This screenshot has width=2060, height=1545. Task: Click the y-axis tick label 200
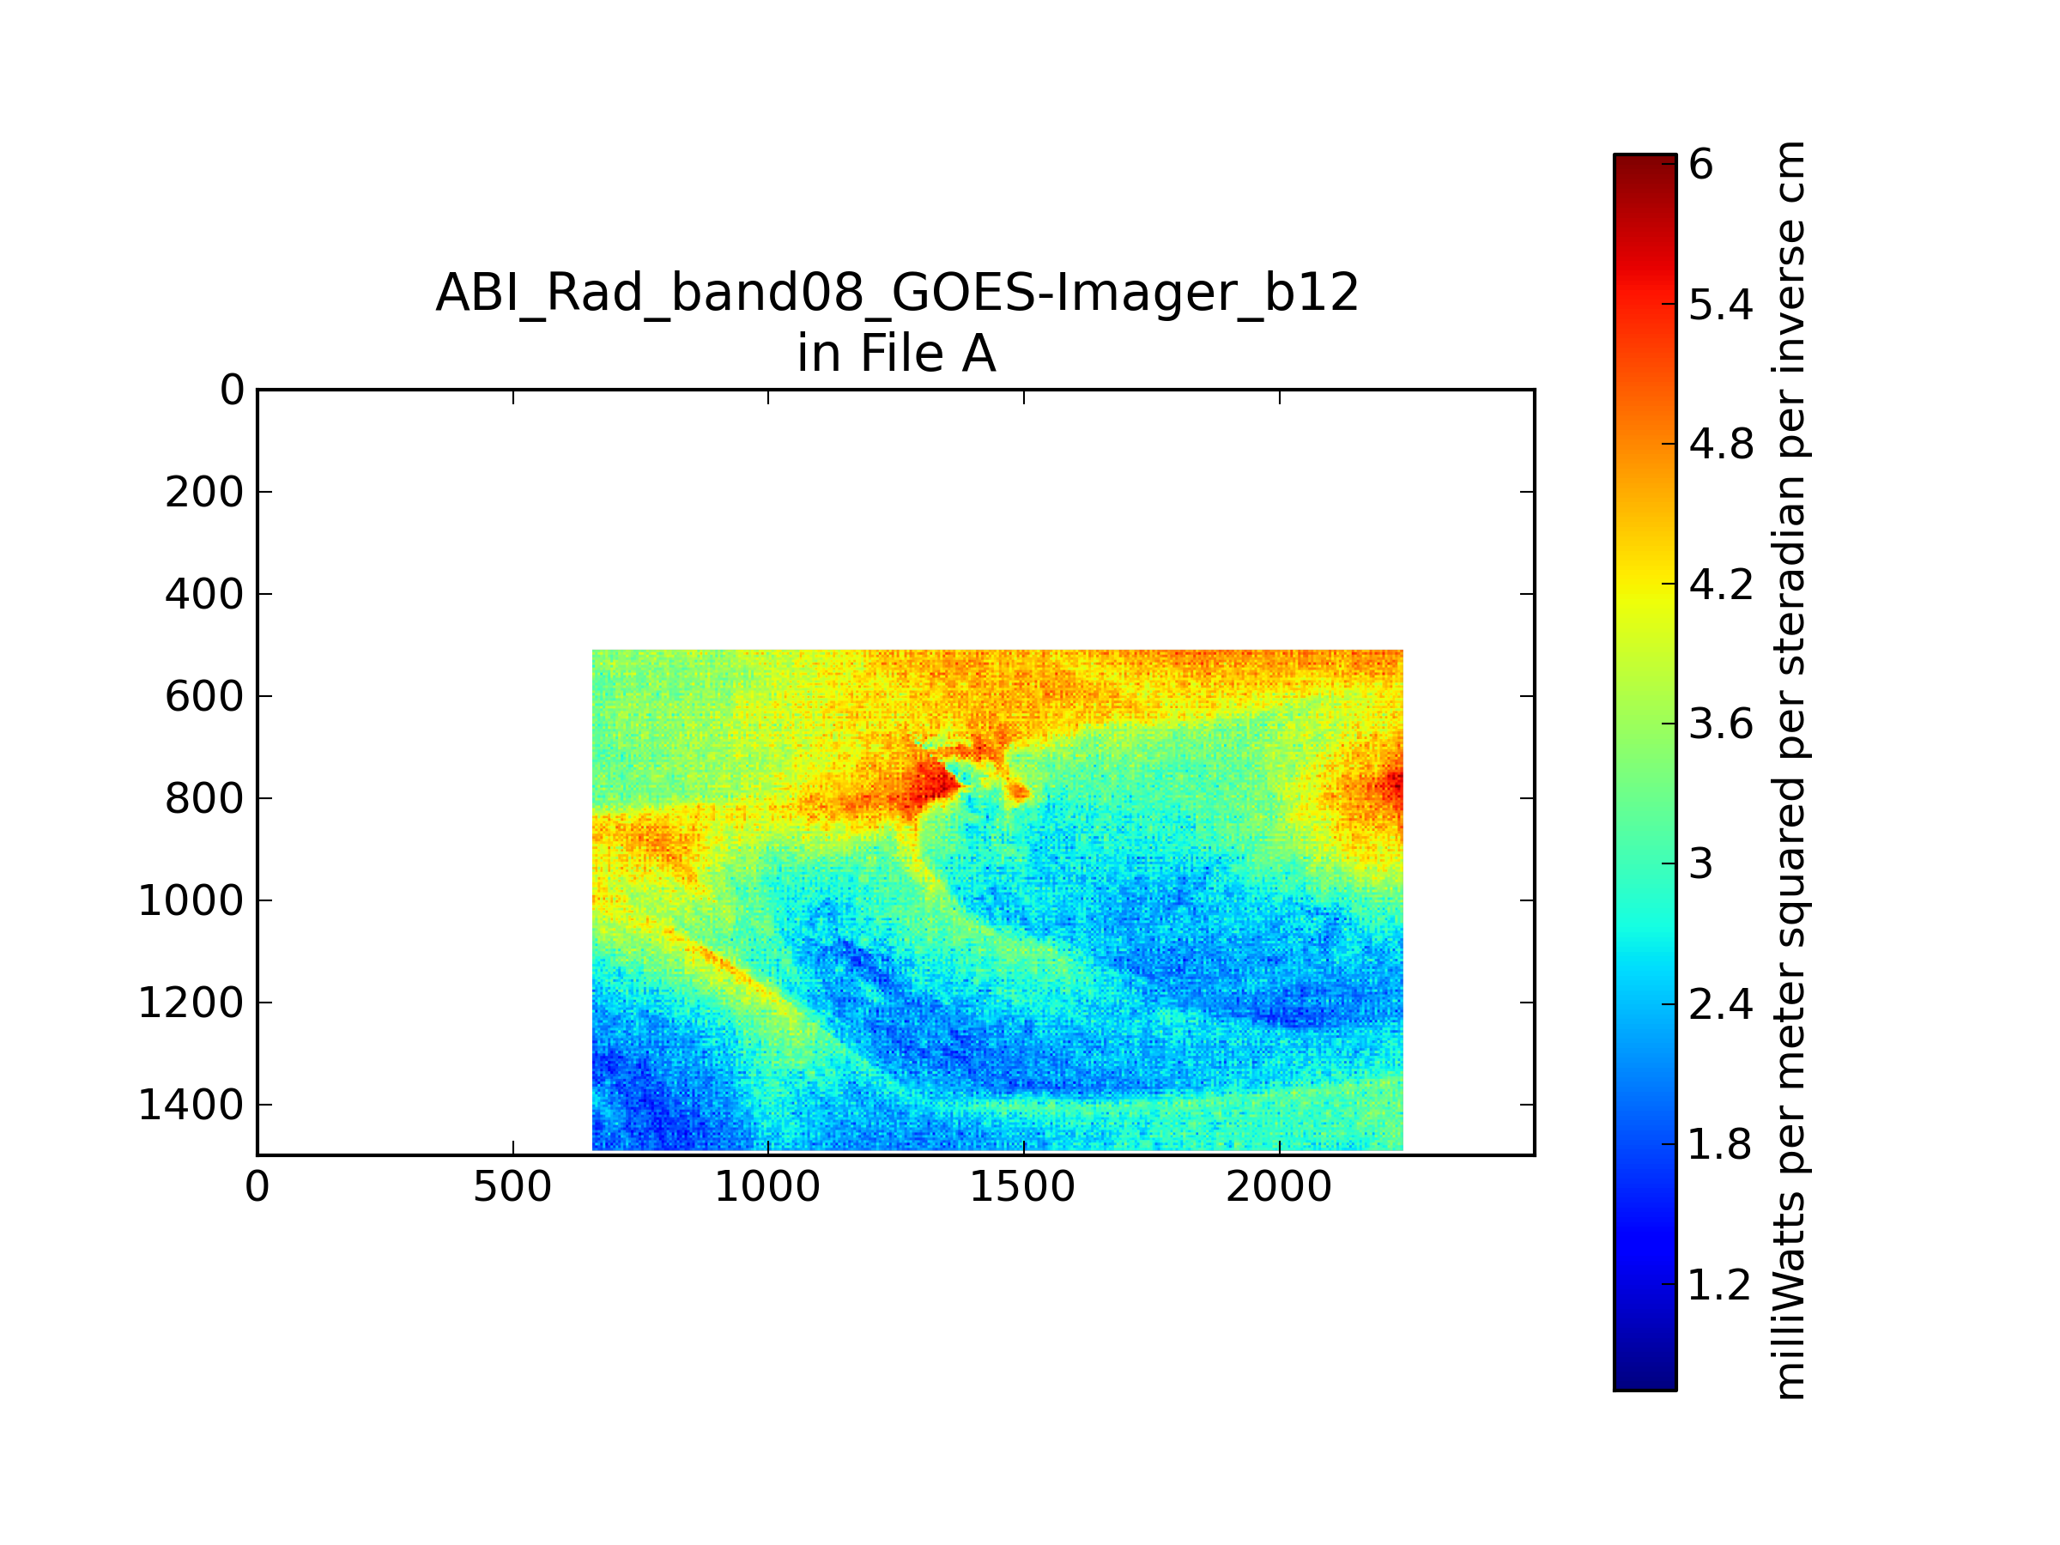click(204, 493)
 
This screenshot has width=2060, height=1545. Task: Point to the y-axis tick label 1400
click(191, 1106)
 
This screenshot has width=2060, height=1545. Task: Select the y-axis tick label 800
click(204, 799)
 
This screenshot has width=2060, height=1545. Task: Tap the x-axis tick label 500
click(512, 1187)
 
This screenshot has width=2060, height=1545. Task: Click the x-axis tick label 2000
click(1279, 1187)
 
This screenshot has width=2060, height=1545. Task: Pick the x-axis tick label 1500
click(1022, 1187)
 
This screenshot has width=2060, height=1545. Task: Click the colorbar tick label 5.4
click(1721, 305)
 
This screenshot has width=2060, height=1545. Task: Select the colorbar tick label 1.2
click(1719, 1285)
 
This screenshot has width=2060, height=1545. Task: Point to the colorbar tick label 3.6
click(1721, 724)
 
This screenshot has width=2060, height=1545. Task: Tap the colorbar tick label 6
click(1700, 165)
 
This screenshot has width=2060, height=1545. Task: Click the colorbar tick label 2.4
click(1721, 1005)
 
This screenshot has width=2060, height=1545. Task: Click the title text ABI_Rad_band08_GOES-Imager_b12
click(897, 294)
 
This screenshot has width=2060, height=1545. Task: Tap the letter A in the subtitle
click(978, 354)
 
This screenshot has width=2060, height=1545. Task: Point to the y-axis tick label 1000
click(191, 901)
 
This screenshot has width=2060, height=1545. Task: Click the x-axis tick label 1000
click(767, 1187)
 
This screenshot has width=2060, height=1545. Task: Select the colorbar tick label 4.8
click(1721, 445)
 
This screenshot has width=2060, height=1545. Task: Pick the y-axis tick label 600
click(204, 697)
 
